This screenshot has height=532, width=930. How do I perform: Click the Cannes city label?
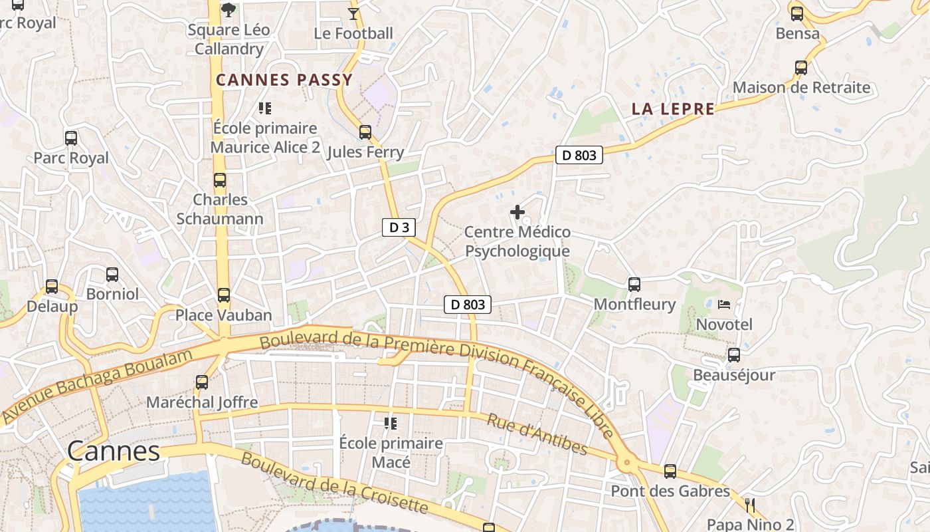click(114, 452)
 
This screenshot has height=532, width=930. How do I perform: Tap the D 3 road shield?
click(399, 227)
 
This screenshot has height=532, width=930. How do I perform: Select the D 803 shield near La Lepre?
click(579, 156)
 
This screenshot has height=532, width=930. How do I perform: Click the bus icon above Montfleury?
click(634, 285)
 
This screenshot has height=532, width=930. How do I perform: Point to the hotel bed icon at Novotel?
click(724, 305)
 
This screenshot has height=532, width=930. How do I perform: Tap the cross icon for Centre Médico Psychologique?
click(517, 213)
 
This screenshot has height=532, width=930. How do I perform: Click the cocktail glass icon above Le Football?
click(353, 13)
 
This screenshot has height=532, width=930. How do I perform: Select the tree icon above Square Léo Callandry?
click(229, 10)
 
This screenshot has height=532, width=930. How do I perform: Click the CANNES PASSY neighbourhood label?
click(284, 80)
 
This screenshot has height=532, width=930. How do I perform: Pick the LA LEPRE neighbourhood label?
click(673, 110)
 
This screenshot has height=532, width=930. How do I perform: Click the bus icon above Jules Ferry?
click(365, 132)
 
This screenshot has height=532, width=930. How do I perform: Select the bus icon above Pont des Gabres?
click(670, 471)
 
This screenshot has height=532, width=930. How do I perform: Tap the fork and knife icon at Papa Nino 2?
click(750, 505)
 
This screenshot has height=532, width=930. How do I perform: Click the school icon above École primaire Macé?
click(391, 423)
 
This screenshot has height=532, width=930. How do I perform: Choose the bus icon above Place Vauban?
click(224, 295)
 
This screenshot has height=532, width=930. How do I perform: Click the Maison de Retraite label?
click(801, 88)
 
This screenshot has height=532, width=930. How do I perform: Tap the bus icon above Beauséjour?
click(734, 355)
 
